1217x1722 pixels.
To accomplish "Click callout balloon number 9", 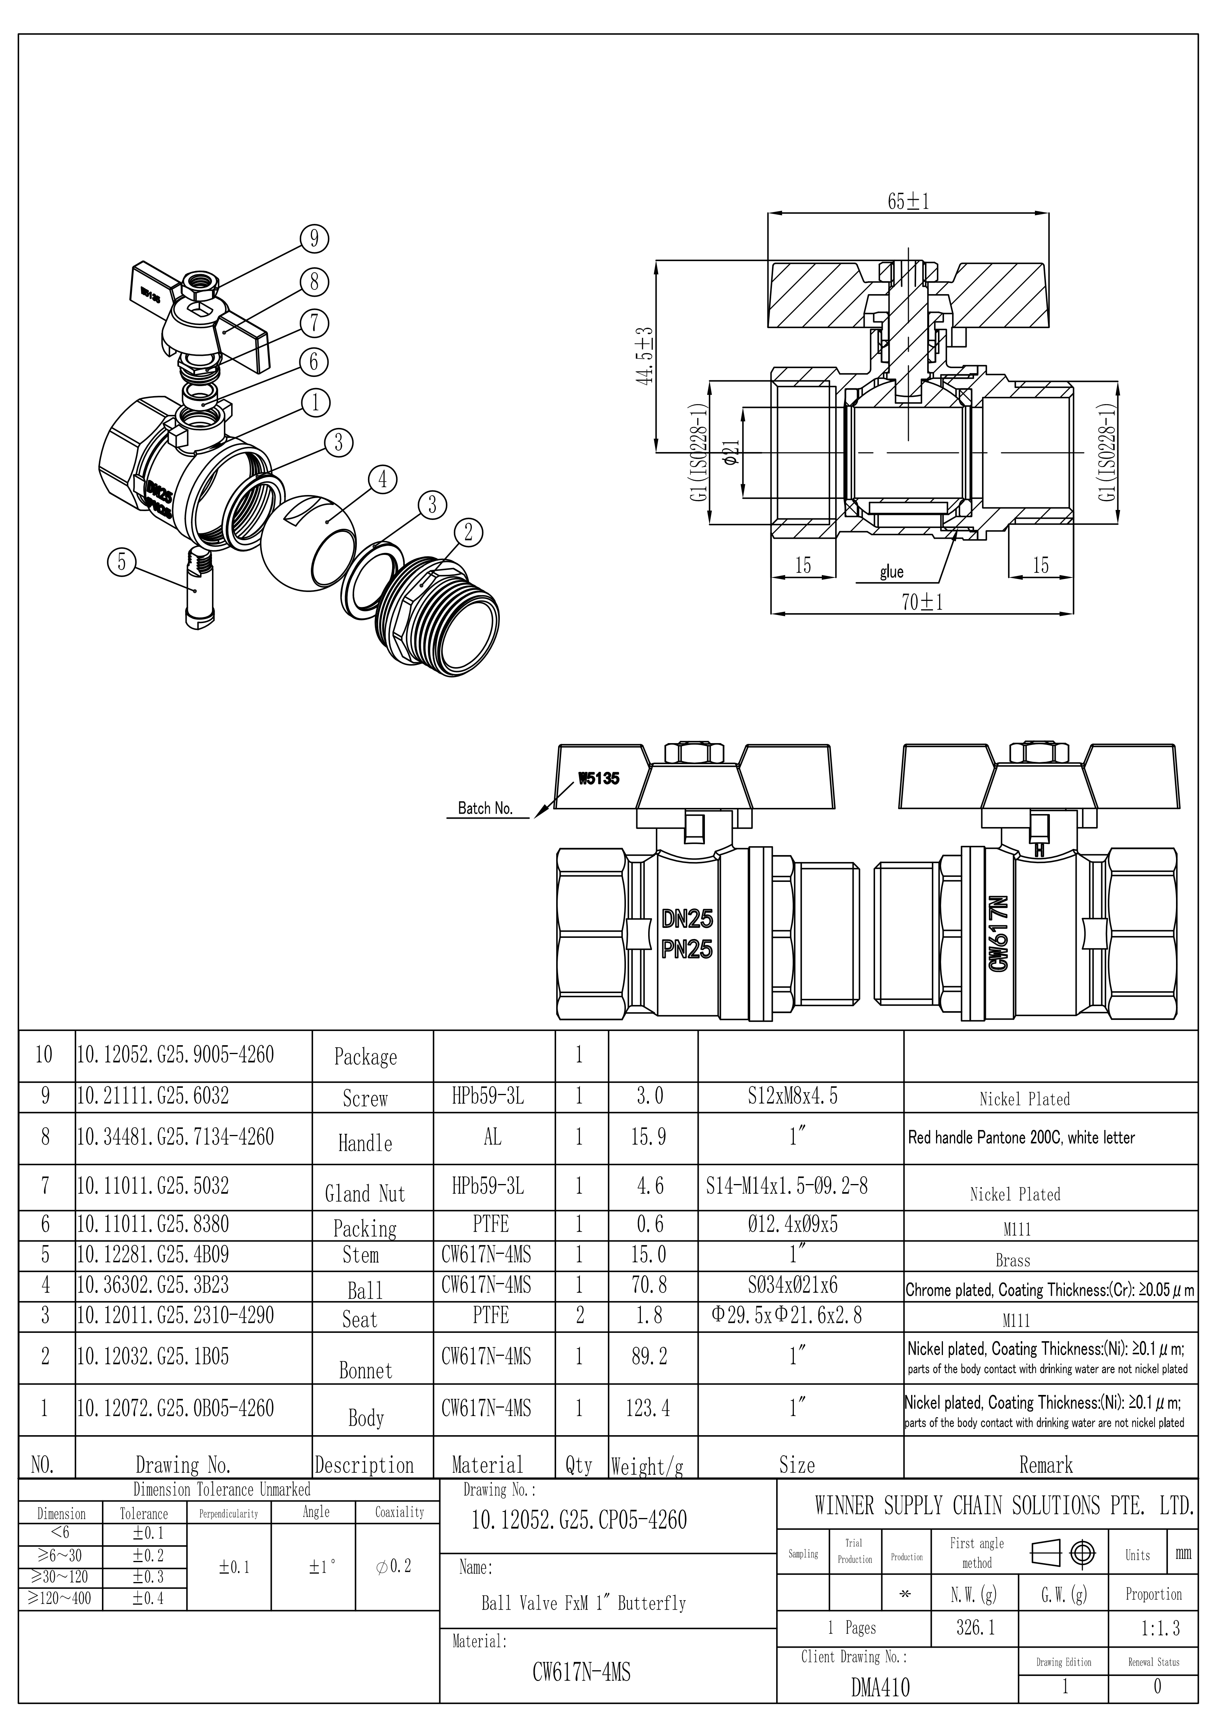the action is click(x=314, y=238).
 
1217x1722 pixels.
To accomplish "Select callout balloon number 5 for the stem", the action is click(x=122, y=562).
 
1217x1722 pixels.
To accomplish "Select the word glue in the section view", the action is click(x=892, y=572).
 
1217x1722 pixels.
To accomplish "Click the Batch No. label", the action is click(x=485, y=809).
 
